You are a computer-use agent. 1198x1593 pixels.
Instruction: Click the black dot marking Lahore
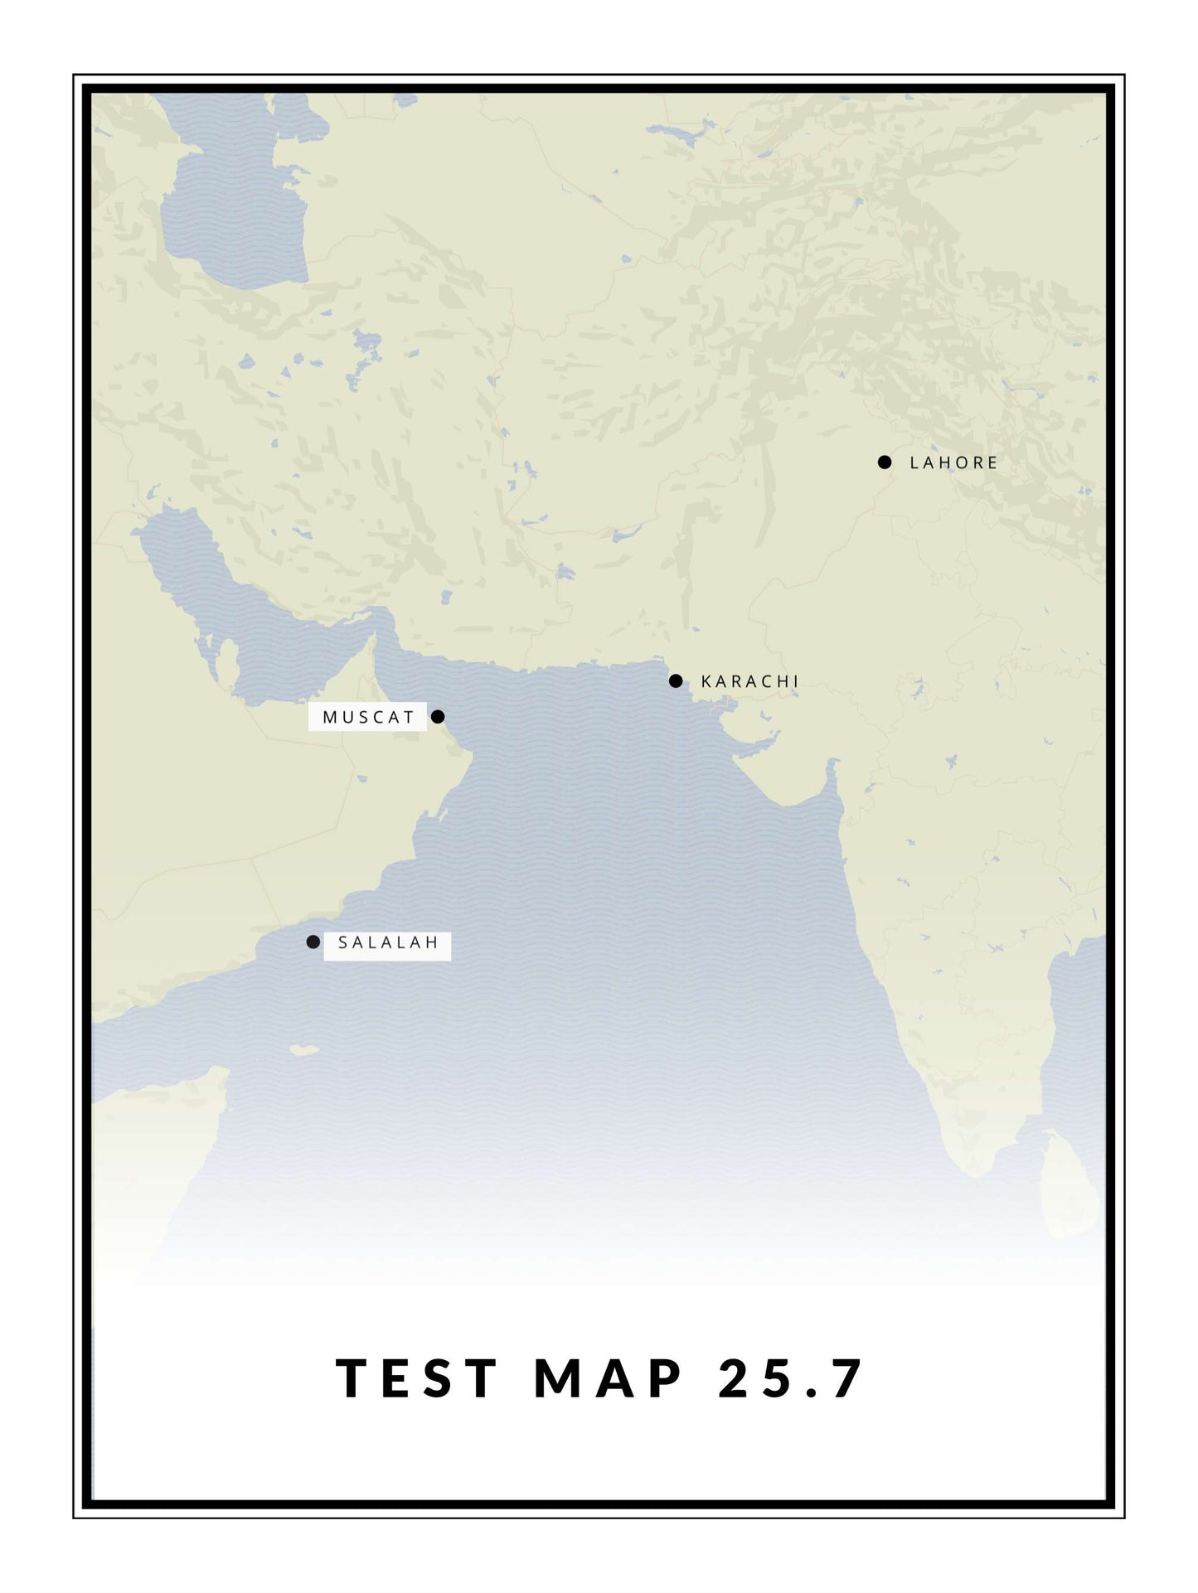[885, 462]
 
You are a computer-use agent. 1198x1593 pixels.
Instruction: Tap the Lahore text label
[953, 463]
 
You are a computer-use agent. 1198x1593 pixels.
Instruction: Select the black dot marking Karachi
[676, 681]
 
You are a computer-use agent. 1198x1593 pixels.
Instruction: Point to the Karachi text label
[749, 681]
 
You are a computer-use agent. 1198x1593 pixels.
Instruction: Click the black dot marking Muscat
[438, 716]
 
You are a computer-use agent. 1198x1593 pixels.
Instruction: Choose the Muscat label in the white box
[368, 717]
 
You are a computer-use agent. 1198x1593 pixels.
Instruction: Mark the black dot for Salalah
[313, 942]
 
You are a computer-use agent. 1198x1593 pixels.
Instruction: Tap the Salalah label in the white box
[387, 943]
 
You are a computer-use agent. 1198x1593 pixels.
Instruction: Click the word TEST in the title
[416, 1379]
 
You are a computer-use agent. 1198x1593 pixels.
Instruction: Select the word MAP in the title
[609, 1379]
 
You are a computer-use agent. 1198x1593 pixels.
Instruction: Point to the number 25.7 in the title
[791, 1379]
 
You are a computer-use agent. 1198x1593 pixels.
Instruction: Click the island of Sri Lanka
[1069, 1185]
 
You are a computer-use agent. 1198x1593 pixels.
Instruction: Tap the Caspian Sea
[232, 207]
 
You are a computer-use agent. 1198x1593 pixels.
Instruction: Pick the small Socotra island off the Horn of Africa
[303, 1050]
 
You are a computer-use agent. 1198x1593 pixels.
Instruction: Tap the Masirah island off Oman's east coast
[422, 826]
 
